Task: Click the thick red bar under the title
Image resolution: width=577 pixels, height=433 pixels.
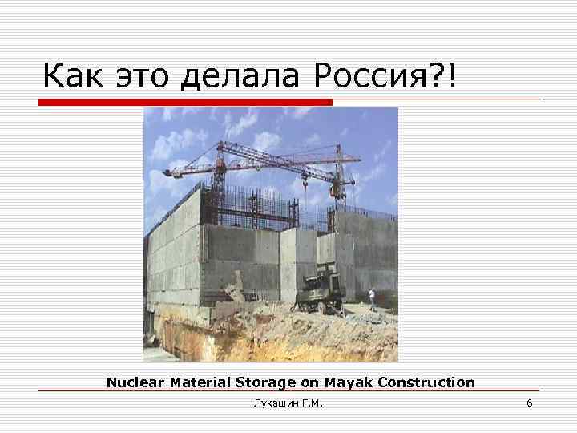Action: pos(186,103)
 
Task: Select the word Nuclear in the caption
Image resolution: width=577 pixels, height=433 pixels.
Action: pos(136,382)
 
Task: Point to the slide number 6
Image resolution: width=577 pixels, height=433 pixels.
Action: pos(529,403)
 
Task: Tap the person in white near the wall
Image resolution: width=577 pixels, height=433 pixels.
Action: pos(371,299)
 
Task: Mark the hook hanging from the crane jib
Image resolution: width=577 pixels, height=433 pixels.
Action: pos(305,188)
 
